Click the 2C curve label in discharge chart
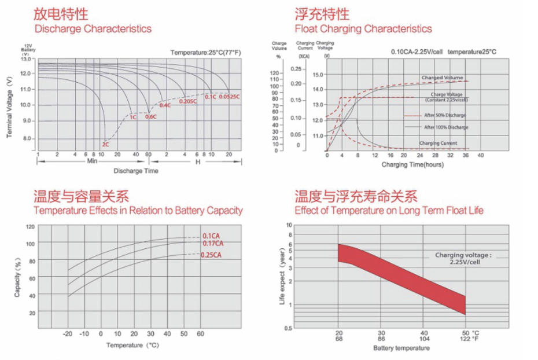pyautogui.click(x=105, y=144)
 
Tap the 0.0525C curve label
pyautogui.click(x=230, y=97)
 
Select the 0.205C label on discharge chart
pyautogui.click(x=188, y=101)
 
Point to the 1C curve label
pyautogui.click(x=132, y=117)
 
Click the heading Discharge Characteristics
pyautogui.click(x=93, y=28)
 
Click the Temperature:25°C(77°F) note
pyautogui.click(x=205, y=53)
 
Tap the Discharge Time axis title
pyautogui.click(x=135, y=171)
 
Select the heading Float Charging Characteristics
pyautogui.click(x=363, y=28)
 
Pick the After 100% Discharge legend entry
pyautogui.click(x=445, y=127)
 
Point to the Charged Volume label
pyautogui.click(x=442, y=78)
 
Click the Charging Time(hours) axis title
pyautogui.click(x=412, y=165)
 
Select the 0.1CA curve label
pyautogui.click(x=212, y=236)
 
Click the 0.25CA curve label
pyautogui.click(x=211, y=255)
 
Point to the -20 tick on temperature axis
pyautogui.click(x=68, y=334)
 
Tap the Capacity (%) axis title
pyautogui.click(x=18, y=278)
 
